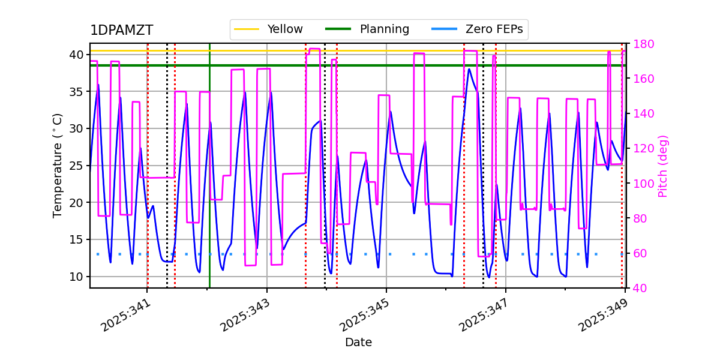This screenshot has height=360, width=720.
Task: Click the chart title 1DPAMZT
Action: (x=121, y=31)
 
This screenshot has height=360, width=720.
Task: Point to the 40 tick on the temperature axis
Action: (x=76, y=55)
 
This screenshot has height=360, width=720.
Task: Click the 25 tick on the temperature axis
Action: (x=76, y=166)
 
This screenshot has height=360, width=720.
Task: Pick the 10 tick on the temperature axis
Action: (x=76, y=277)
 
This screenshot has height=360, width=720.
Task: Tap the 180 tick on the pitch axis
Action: (x=640, y=44)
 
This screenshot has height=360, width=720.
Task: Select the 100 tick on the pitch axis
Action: (x=640, y=184)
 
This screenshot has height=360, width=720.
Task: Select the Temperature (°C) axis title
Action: (x=58, y=165)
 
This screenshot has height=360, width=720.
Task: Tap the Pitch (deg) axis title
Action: (x=663, y=166)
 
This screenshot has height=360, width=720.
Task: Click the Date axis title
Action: (x=358, y=343)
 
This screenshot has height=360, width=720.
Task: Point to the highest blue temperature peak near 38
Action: (x=469, y=69)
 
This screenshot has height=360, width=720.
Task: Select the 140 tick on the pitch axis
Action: (x=640, y=114)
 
